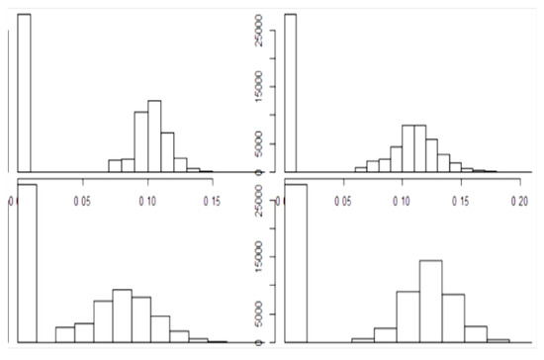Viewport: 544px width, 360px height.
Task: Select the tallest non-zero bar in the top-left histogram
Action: (x=154, y=135)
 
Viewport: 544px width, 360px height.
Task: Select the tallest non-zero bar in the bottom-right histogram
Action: (x=430, y=302)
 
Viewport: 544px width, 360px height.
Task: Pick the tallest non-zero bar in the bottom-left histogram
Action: (x=122, y=315)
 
